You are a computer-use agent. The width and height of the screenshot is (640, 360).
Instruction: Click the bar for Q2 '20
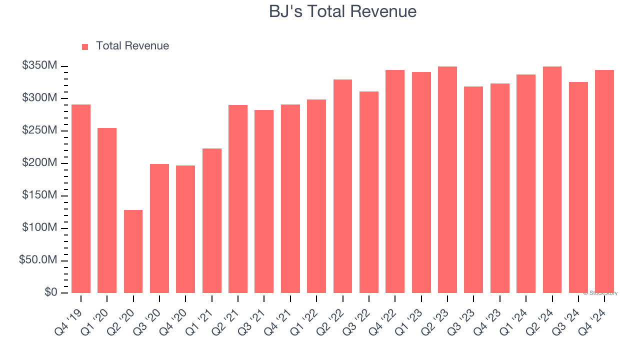point(133,251)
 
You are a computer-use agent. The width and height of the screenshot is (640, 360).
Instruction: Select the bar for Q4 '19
point(81,198)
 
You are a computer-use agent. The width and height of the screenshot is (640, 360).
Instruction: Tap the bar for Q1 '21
point(211,220)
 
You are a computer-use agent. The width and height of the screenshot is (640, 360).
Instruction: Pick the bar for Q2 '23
point(447,179)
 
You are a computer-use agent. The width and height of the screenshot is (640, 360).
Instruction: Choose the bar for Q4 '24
point(604,181)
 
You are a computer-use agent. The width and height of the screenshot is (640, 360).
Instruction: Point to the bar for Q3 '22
point(368,192)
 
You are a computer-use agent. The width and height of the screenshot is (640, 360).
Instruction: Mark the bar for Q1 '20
point(107,210)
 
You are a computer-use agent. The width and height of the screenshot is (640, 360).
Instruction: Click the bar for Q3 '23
point(473,189)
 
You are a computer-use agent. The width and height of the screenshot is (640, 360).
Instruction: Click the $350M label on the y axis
point(39,65)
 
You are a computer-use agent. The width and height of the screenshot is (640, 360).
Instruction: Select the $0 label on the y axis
point(50,292)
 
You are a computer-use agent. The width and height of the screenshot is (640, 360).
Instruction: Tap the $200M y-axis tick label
point(39,163)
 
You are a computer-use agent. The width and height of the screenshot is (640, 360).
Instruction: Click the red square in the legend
point(85,46)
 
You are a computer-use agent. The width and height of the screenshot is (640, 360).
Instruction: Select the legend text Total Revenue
point(132,46)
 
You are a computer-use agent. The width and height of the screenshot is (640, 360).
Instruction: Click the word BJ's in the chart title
point(285,11)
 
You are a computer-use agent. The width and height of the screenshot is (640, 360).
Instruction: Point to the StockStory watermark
point(600,293)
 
